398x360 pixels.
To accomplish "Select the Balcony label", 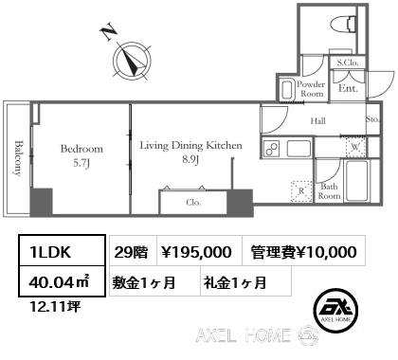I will click(x=18, y=157).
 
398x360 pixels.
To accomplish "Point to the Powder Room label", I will click(x=312, y=88).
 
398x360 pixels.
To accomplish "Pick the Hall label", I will click(x=319, y=119).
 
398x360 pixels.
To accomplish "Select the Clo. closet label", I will click(x=192, y=202).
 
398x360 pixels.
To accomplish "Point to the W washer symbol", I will click(x=354, y=147).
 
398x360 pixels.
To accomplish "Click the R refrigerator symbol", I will click(x=302, y=189).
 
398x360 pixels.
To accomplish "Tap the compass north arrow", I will click(x=130, y=63).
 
